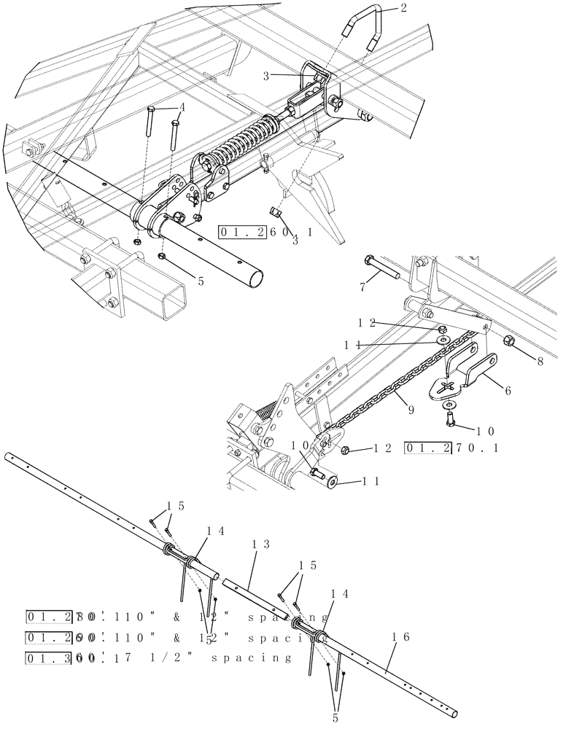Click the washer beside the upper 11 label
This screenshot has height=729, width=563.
click(443, 340)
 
